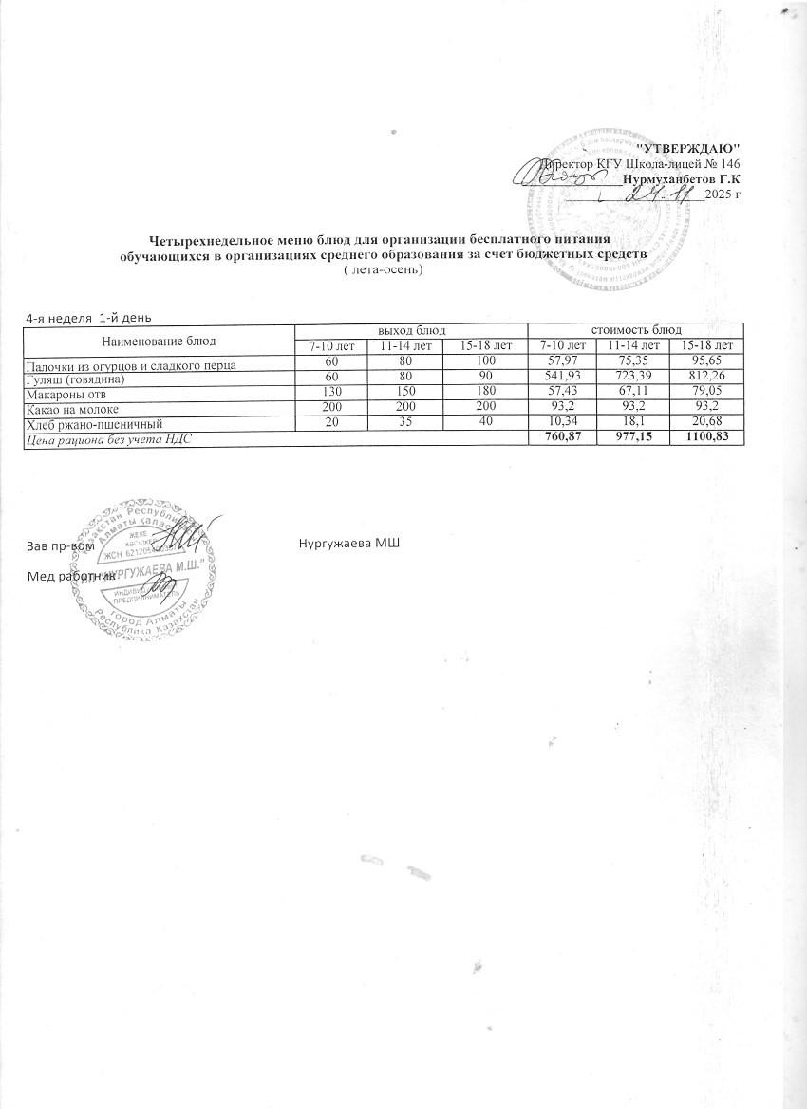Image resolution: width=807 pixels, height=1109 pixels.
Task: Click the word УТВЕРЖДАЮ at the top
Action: [685, 149]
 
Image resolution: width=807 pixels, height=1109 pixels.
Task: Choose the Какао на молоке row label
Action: [68, 409]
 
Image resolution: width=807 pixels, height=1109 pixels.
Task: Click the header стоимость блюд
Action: [633, 329]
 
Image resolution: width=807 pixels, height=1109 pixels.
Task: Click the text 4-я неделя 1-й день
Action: [87, 316]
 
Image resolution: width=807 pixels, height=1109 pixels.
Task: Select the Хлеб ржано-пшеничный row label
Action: [87, 424]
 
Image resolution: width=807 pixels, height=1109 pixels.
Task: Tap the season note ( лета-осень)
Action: [381, 269]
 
